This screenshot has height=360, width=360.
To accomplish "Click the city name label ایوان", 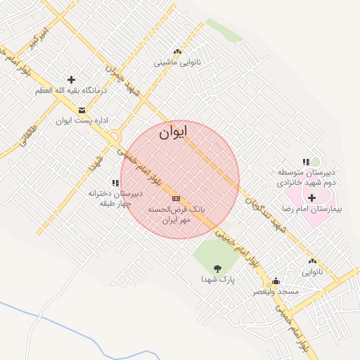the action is click(174, 132).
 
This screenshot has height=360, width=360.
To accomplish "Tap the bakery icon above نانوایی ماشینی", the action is click(177, 51).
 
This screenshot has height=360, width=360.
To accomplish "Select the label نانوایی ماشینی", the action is click(177, 63).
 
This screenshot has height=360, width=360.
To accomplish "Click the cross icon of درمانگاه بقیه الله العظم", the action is click(71, 79).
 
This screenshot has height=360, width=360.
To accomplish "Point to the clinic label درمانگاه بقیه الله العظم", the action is click(71, 91).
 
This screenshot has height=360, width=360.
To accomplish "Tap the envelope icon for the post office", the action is click(82, 110).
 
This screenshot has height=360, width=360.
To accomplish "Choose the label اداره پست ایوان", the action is click(82, 121).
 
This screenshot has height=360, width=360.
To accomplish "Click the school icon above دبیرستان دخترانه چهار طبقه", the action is click(115, 183).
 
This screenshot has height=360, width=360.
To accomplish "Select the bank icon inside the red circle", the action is click(176, 198).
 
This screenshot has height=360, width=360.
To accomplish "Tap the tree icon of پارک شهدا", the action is click(217, 267).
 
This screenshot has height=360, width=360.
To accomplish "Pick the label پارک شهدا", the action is click(217, 279).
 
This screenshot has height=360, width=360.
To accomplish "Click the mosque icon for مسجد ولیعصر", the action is click(276, 280).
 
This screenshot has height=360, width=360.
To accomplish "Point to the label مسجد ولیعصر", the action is click(276, 291).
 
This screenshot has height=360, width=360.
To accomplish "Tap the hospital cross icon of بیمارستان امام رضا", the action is click(311, 198).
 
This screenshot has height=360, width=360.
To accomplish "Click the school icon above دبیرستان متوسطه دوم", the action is click(306, 162).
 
